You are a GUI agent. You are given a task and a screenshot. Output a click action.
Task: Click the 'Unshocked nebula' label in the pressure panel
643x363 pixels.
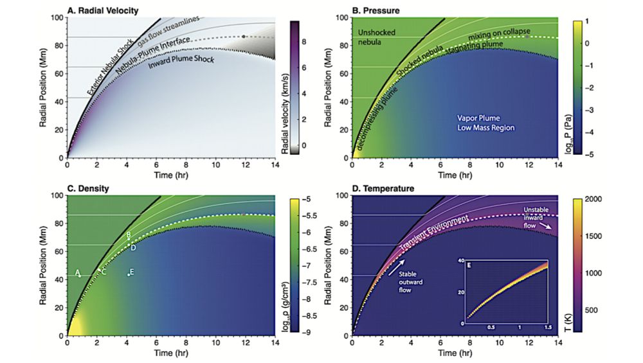coord(377,37)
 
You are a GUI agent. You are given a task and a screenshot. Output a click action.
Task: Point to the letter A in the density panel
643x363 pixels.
coord(77,272)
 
